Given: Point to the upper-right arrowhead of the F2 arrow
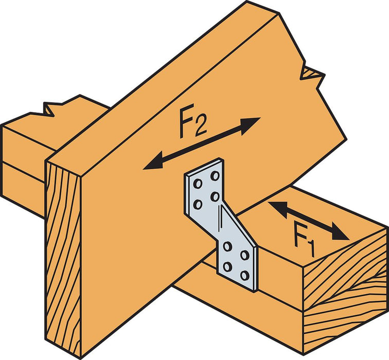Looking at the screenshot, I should (x=252, y=123).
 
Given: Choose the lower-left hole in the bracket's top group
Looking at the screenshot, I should (x=197, y=205).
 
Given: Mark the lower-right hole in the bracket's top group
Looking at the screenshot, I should (x=213, y=196).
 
